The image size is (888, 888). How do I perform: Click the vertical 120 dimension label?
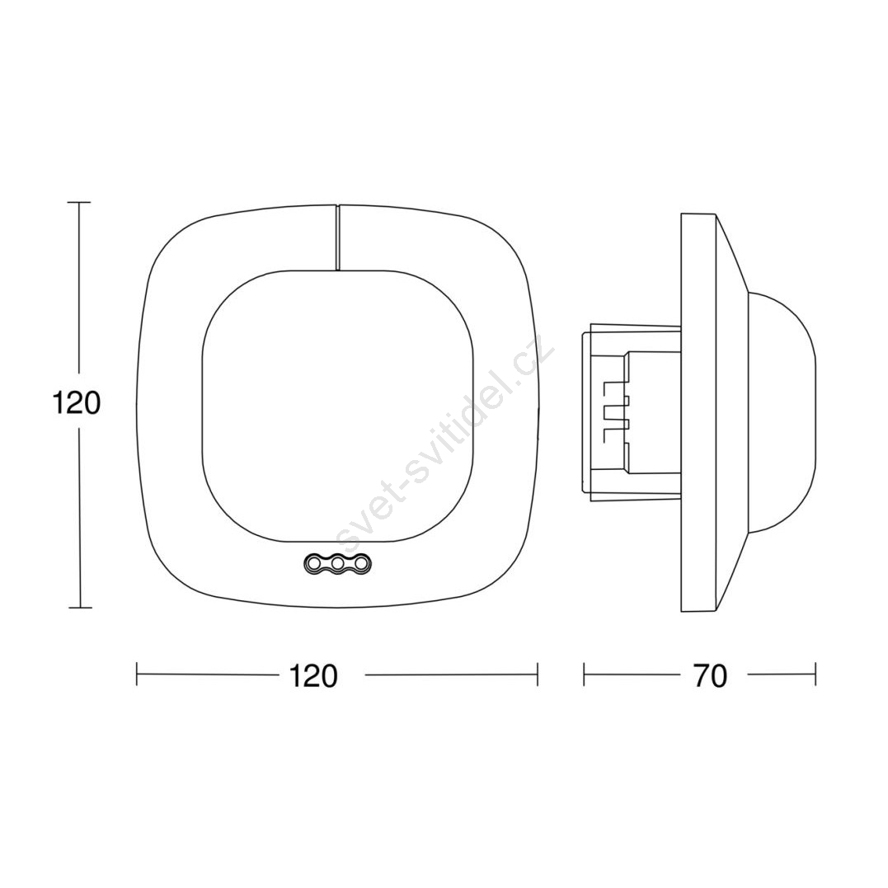click(76, 402)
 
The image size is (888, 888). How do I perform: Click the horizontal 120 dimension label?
click(313, 675)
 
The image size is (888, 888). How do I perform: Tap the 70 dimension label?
click(710, 675)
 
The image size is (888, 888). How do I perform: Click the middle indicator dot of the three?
click(337, 563)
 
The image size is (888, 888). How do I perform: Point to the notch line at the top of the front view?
click(337, 237)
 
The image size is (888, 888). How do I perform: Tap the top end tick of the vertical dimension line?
click(78, 202)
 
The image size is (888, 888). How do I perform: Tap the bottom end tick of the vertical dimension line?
click(79, 608)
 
